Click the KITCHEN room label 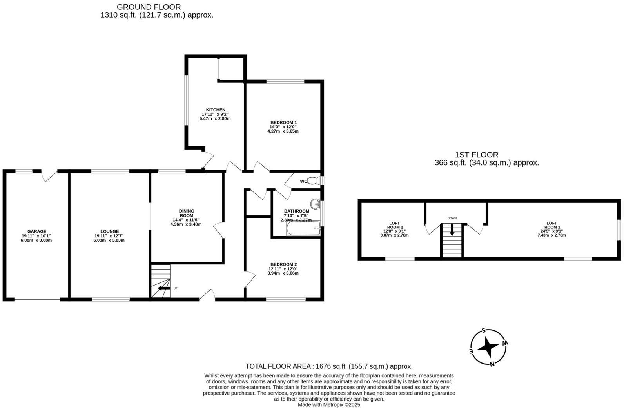pos(216,110)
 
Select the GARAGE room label pos(37,231)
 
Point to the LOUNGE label pos(109,231)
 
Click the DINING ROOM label pos(187,213)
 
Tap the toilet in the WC pos(312,181)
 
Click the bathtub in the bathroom pos(303,229)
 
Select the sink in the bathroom pos(315,204)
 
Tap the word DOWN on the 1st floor pos(452,218)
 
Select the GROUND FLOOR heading pos(149,7)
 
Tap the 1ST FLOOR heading pos(477,155)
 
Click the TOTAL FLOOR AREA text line pos(329,366)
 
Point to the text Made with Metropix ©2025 pos(329,404)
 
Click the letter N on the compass pos(492,364)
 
